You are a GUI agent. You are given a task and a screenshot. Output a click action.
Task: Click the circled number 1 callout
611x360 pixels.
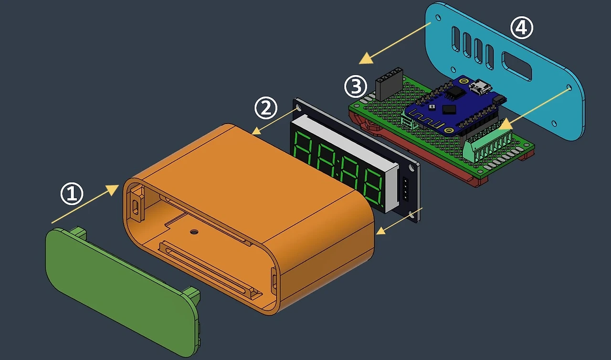coord(72,194)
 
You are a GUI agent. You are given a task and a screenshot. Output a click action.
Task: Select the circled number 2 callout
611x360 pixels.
coord(266,108)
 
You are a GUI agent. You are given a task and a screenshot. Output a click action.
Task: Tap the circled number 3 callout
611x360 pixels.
coord(356,86)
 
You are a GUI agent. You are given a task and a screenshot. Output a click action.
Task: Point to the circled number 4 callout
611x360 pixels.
coord(522,28)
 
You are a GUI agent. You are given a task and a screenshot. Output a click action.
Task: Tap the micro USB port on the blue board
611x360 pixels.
coord(480,86)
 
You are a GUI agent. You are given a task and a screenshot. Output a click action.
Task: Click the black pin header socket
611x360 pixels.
coord(389,84)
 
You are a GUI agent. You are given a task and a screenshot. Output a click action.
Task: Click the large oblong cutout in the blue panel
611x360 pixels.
coord(516,66)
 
